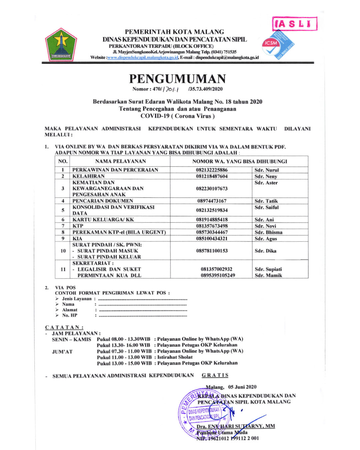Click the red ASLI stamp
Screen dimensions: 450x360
(294, 24)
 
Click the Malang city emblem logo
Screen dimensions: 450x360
(61, 45)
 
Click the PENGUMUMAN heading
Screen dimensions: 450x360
(177, 79)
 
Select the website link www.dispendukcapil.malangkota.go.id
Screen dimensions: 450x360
(143, 58)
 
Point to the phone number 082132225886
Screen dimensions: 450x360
(212, 170)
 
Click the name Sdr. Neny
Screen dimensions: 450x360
(266, 176)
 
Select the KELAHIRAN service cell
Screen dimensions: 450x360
(89, 176)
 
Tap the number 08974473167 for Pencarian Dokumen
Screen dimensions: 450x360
(212, 201)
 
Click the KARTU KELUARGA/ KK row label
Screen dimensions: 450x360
(103, 220)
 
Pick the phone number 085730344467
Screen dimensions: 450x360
(212, 232)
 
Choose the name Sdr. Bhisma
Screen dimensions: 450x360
(268, 232)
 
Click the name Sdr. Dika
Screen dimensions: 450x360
(265, 251)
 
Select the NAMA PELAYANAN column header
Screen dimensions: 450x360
(120, 161)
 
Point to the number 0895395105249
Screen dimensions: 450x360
(218, 275)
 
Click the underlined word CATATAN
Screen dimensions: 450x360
(64, 327)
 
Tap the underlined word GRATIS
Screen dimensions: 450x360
(215, 375)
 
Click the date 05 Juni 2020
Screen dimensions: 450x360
(242, 387)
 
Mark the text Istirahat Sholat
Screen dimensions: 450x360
(175, 357)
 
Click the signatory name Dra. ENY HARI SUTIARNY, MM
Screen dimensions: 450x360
(236, 426)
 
